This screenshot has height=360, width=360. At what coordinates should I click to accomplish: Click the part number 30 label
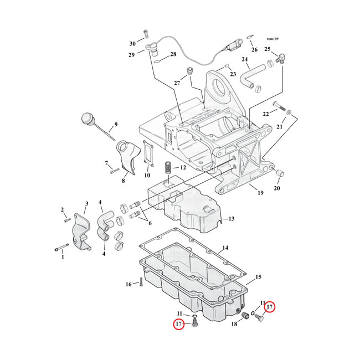coord(132,44)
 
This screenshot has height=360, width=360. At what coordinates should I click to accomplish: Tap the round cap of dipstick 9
coord(87,118)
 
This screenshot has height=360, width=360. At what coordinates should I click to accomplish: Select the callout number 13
coord(232,219)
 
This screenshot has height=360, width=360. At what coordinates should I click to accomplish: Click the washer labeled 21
coord(289,112)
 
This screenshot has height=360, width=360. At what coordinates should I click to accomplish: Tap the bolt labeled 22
coord(279,106)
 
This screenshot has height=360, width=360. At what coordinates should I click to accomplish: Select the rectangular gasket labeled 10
coord(148,153)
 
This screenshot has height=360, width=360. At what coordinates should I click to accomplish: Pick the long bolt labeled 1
coord(62,247)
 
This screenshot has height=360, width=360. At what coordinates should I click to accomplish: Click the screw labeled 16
coord(141,282)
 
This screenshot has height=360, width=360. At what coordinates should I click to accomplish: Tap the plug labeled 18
coord(246,316)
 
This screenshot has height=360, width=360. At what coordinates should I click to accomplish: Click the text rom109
coord(272,39)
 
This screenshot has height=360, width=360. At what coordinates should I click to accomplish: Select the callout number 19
coord(260,193)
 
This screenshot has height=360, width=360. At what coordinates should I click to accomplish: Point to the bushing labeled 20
coord(280,173)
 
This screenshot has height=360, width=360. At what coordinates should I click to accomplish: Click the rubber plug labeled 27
coord(189,70)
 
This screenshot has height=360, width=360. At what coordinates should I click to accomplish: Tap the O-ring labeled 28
coord(157,61)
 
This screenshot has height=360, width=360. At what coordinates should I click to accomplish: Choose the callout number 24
coord(245,59)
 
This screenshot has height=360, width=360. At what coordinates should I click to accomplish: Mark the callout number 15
coord(258,277)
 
